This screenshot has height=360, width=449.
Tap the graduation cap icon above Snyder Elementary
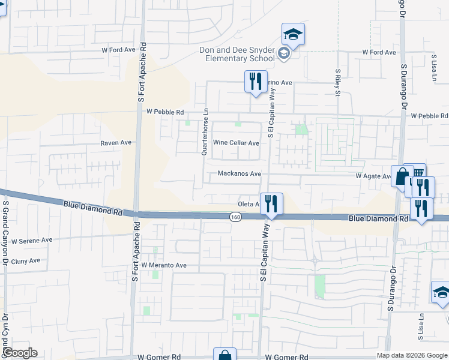pyautogui.click(x=293, y=34)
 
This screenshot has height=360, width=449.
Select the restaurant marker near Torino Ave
pyautogui.click(x=256, y=82)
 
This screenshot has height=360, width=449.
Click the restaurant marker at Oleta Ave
pyautogui.click(x=271, y=204)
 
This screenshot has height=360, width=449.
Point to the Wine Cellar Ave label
pyautogui.click(x=237, y=143)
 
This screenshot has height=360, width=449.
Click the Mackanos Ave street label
pyautogui.click(x=239, y=173)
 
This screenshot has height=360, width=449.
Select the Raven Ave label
pyautogui.click(x=116, y=143)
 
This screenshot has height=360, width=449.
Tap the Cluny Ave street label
pyautogui.click(x=25, y=261)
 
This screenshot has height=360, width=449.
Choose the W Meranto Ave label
pyautogui.click(x=164, y=265)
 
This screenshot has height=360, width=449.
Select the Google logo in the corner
pyautogui.click(x=20, y=353)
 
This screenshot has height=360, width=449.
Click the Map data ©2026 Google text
pyautogui.click(x=412, y=355)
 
